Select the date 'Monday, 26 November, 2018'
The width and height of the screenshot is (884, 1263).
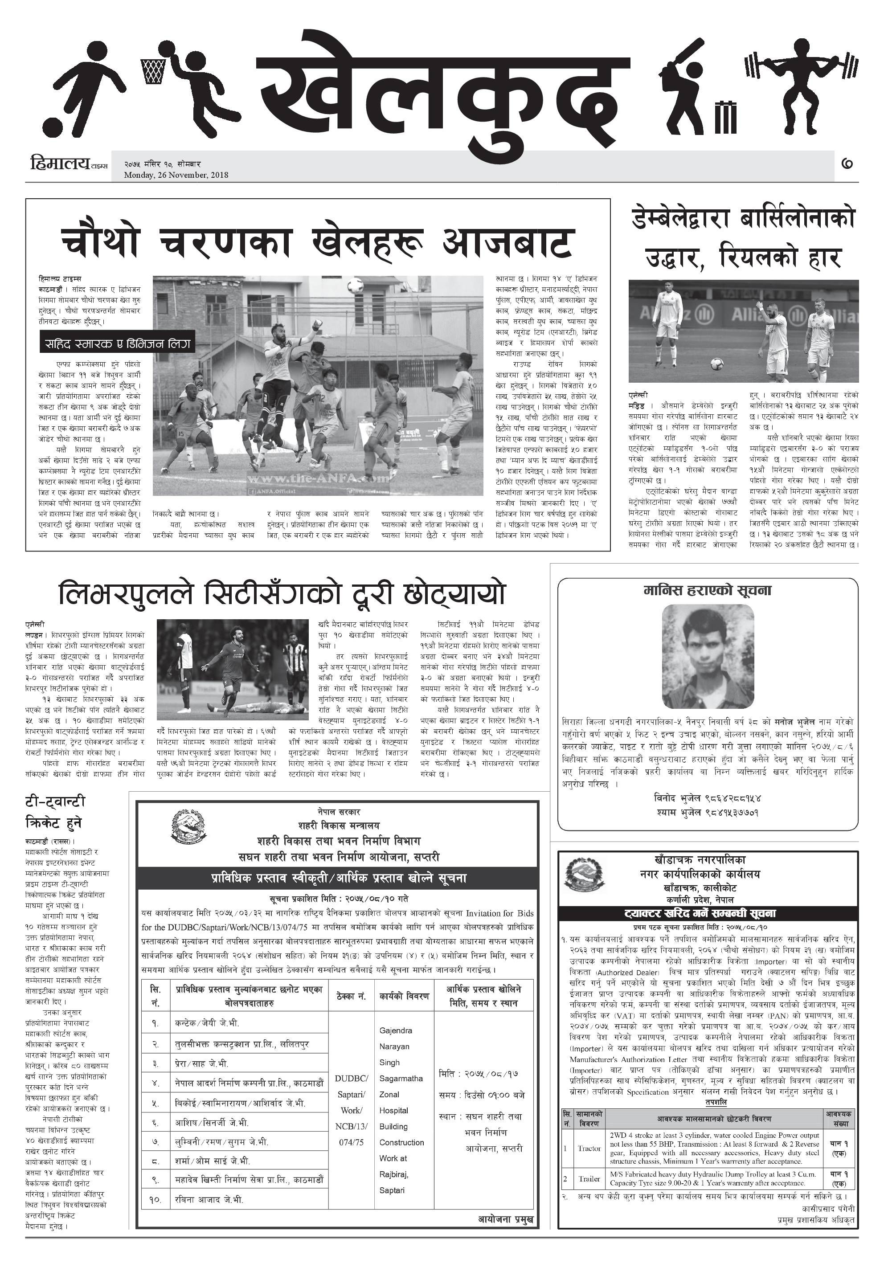click(x=176, y=175)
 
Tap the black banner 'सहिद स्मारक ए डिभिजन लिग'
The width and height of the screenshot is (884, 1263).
click(x=118, y=344)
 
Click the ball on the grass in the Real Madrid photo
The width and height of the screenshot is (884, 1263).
click(x=716, y=364)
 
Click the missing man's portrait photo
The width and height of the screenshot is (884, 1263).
click(x=708, y=656)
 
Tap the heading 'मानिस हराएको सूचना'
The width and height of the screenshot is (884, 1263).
click(x=708, y=591)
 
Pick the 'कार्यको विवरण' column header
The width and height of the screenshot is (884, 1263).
click(x=404, y=996)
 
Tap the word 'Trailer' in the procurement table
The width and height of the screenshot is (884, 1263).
click(x=589, y=1179)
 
